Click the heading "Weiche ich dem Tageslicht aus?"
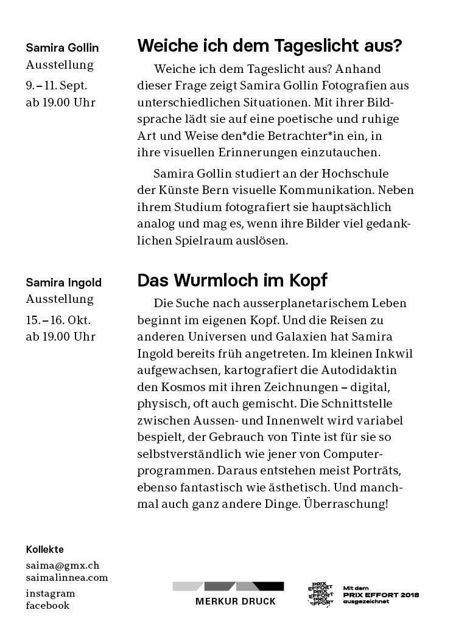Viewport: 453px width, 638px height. point(270,46)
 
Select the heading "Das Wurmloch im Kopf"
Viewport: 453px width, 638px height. point(232,280)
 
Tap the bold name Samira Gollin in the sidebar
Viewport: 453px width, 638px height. point(62,48)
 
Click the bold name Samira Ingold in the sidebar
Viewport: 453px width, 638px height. point(63,283)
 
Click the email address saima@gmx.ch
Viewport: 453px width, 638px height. point(62,565)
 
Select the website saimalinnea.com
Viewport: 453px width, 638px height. point(66,578)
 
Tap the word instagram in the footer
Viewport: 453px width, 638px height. point(51,594)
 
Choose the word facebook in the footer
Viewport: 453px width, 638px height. point(47,606)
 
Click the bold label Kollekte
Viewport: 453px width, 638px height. point(44,550)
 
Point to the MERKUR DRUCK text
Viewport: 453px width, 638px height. point(235,602)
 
